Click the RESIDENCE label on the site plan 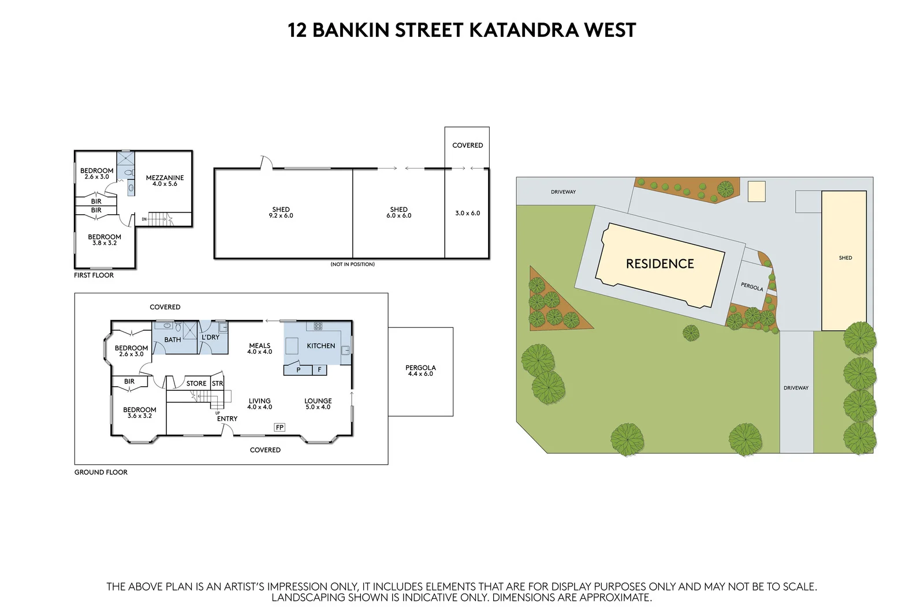click(660, 264)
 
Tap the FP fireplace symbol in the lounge click(280, 427)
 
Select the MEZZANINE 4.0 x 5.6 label click(165, 181)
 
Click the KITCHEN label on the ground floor click(321, 346)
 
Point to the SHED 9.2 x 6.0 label click(281, 212)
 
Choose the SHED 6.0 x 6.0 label click(398, 212)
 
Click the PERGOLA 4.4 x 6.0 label click(420, 371)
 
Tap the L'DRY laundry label click(210, 337)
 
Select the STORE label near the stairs click(196, 383)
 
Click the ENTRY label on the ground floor click(227, 419)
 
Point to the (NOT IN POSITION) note click(352, 264)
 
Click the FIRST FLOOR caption click(94, 275)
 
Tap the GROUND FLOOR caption click(100, 472)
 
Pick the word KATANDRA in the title click(523, 30)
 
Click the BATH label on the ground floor click(172, 339)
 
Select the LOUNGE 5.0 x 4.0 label click(318, 404)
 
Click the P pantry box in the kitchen click(299, 369)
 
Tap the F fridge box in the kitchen click(319, 369)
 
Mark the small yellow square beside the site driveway click(756, 191)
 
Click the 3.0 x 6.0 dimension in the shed click(467, 213)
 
